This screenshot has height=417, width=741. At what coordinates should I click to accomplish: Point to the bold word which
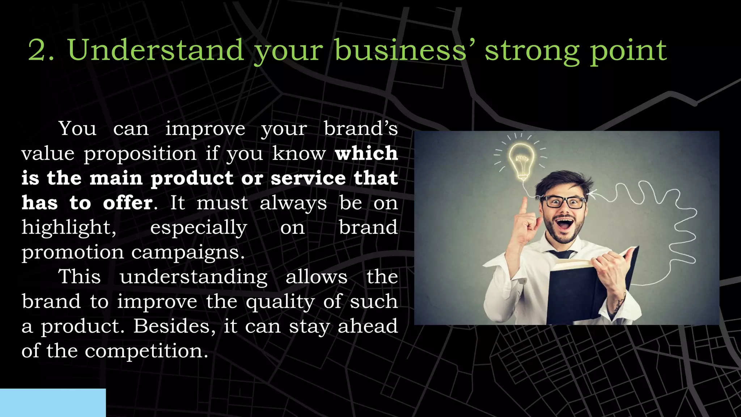pyautogui.click(x=366, y=153)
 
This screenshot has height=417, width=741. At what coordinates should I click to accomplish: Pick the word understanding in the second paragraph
pyautogui.click(x=194, y=277)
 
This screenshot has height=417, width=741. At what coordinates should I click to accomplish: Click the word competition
pyautogui.click(x=146, y=351)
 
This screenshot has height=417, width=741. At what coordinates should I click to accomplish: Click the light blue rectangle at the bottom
pyautogui.click(x=53, y=403)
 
